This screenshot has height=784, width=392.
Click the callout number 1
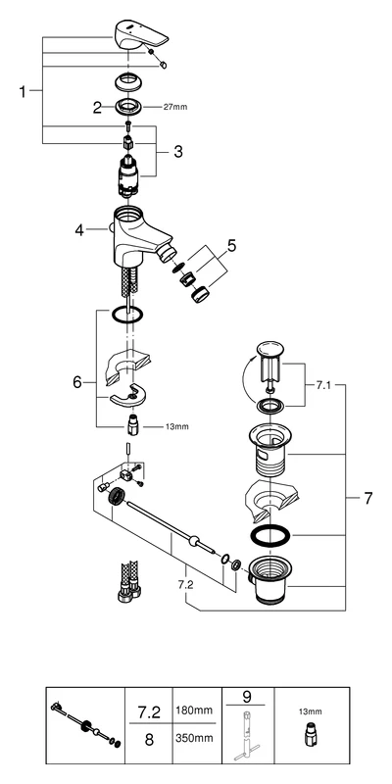[x=24, y=91]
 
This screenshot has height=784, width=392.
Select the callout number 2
[x=97, y=108]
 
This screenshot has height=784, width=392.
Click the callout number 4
[x=79, y=230]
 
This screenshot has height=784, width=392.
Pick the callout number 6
[x=78, y=383]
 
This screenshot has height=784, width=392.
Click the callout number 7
[x=367, y=498]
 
